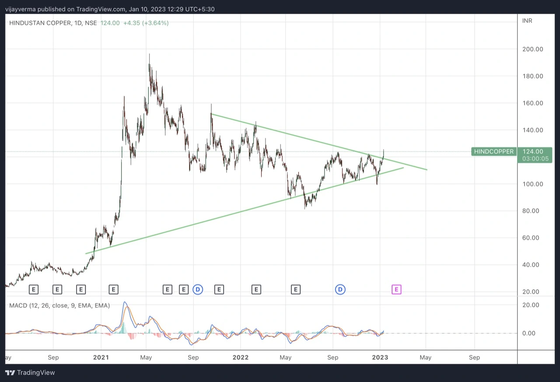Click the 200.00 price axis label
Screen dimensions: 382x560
(532, 49)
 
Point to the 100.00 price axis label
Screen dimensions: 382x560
(532, 184)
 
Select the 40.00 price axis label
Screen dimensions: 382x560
(532, 265)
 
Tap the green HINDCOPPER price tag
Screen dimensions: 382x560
(493, 152)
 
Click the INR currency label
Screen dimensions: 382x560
(527, 21)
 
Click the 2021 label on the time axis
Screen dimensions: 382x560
(101, 357)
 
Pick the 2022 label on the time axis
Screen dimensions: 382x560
(240, 357)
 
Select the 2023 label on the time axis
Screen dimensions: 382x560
(380, 357)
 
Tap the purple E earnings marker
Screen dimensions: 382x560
(396, 289)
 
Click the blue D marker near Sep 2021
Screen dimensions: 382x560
(198, 289)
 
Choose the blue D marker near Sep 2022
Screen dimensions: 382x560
(340, 289)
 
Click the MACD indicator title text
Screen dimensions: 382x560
(59, 305)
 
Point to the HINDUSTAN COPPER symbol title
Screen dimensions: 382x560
(40, 23)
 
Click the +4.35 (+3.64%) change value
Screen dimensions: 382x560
(146, 23)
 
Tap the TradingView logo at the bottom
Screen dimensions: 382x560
(30, 372)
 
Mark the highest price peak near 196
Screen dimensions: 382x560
(149, 54)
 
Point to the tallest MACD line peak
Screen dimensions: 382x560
(125, 302)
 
